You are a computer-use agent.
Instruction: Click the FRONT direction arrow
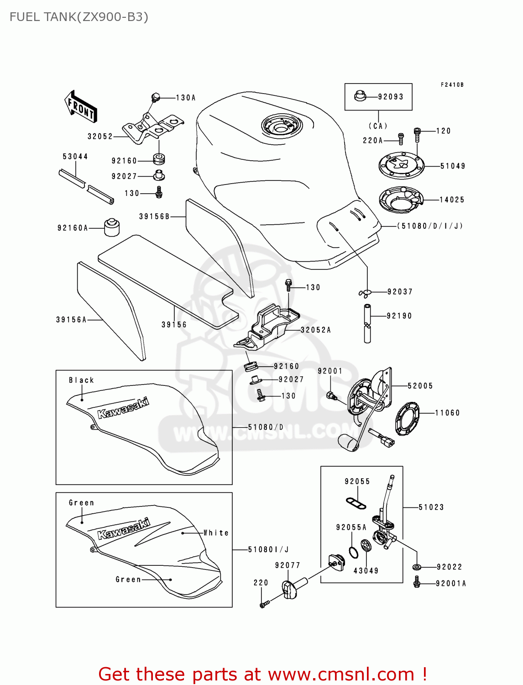pos(81,107)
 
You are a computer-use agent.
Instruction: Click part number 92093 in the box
pos(391,97)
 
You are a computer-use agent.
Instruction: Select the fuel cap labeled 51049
pos(402,165)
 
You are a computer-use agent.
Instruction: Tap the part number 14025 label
pos(452,200)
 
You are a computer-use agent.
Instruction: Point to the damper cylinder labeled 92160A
pos(111,227)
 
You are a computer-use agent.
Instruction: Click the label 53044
pos(75,157)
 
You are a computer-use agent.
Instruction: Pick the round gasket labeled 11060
pos(407,418)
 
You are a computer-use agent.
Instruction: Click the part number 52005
pos(420,386)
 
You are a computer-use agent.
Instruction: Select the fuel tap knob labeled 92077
pos(291,589)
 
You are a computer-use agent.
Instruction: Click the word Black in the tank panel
pos(81,380)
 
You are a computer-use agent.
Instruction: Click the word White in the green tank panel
pos(216,533)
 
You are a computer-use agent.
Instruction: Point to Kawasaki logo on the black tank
pos(123,408)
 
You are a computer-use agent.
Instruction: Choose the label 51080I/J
pos(268,549)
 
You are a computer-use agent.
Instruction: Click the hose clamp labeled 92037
pos(365,293)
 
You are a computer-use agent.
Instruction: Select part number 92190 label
pos(399,316)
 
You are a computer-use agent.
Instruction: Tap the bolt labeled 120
pos(417,134)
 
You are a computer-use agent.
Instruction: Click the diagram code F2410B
pos(452,85)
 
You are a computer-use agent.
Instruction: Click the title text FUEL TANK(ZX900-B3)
pos(79,17)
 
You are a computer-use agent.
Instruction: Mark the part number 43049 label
pos(366,570)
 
